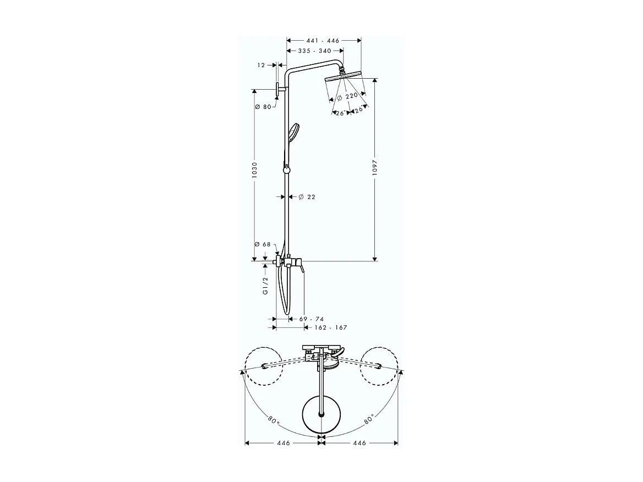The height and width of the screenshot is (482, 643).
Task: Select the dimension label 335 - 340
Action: click(x=314, y=51)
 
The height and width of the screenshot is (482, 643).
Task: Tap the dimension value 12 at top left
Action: click(x=261, y=65)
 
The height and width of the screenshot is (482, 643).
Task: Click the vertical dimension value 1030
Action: click(x=255, y=172)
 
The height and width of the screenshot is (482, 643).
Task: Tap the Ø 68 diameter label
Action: click(x=263, y=244)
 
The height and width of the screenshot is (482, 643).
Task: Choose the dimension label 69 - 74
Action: click(x=312, y=319)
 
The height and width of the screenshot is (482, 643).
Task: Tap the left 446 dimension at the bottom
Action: click(x=284, y=442)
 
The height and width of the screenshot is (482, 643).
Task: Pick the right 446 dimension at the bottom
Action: click(x=359, y=442)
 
